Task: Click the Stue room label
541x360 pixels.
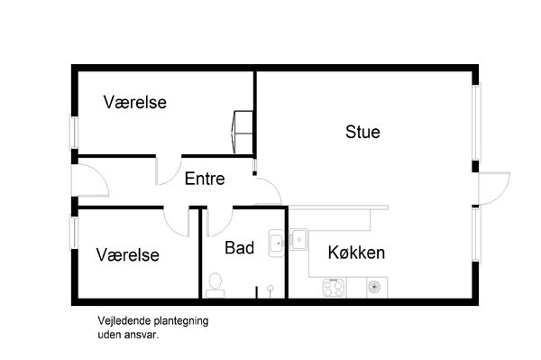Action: tap(362, 132)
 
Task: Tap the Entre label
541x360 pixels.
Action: tap(205, 179)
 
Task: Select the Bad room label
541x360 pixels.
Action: tap(240, 248)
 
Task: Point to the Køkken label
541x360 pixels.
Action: tap(356, 253)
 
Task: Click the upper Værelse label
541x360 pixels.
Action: tap(135, 102)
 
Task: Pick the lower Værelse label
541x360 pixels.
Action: tap(128, 255)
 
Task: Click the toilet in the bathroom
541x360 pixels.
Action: tap(215, 285)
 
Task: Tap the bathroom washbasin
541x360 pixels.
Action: tap(277, 244)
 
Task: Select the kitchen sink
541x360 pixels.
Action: tap(298, 239)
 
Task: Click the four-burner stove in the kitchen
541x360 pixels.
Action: tap(334, 288)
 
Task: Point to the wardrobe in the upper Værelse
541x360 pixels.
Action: tap(243, 132)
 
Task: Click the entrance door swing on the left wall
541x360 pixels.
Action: tap(90, 180)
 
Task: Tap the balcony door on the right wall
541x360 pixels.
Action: tap(494, 189)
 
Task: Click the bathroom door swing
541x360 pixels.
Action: tap(219, 222)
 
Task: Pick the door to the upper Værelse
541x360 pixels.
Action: tap(169, 171)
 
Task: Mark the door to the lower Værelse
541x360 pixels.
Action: tap(176, 222)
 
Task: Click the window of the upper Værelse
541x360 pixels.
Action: tap(74, 133)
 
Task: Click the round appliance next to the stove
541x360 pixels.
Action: tap(374, 287)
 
